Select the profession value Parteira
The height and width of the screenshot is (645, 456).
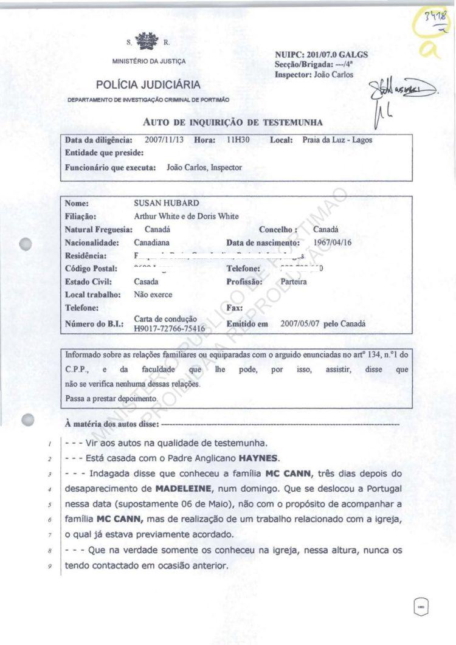(x=294, y=282)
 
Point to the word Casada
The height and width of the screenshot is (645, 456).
(x=146, y=282)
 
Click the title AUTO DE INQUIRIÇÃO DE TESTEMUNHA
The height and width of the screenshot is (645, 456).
(x=232, y=122)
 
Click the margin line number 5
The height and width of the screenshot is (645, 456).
(x=48, y=504)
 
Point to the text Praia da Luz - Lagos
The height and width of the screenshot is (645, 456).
(x=337, y=140)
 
